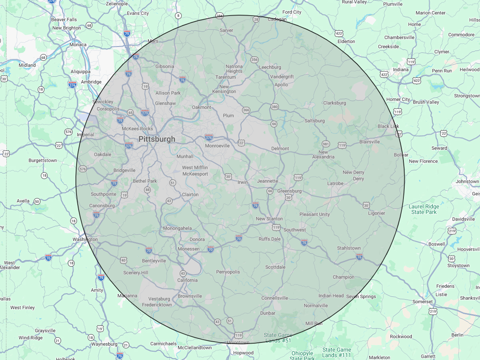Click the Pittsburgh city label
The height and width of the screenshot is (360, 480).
[x=157, y=139]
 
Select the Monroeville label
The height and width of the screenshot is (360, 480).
[x=217, y=146]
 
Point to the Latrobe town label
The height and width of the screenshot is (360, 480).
[x=335, y=184]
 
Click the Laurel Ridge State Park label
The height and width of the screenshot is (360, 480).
[x=424, y=209]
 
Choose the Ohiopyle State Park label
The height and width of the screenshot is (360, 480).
[x=302, y=356]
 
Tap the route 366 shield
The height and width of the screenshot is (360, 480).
[x=246, y=110]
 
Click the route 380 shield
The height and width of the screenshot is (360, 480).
[x=274, y=107]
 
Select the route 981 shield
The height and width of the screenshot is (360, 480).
[x=326, y=144]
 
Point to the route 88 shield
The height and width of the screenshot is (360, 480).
[x=147, y=190]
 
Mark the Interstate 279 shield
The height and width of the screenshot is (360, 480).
[x=145, y=113]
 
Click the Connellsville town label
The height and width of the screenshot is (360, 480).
[x=275, y=298]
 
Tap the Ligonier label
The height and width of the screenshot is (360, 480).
[x=376, y=213]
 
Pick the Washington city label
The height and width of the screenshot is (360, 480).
[x=85, y=239]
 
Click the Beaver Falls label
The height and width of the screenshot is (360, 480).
[x=64, y=20]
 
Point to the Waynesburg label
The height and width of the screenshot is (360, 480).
[x=104, y=344]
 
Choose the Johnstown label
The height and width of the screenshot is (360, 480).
[x=467, y=182]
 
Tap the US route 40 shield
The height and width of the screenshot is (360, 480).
[x=123, y=260]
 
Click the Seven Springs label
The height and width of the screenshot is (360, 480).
[x=361, y=296]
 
